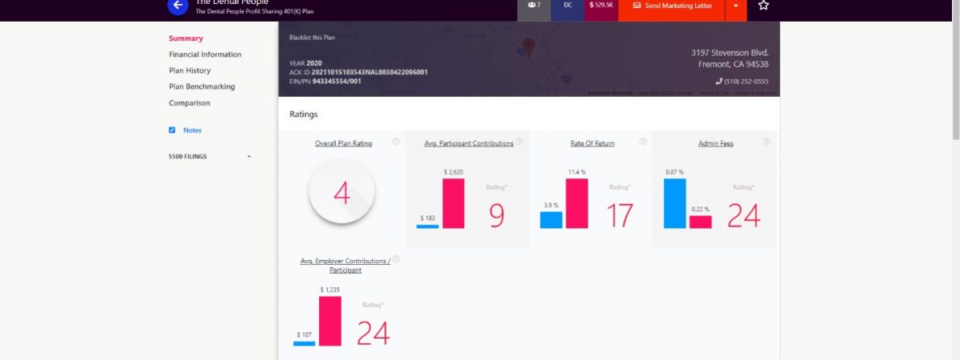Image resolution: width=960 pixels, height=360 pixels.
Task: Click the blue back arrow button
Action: click(x=178, y=6)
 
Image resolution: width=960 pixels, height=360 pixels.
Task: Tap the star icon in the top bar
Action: click(x=763, y=6)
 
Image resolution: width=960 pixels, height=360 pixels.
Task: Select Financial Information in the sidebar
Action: click(x=205, y=54)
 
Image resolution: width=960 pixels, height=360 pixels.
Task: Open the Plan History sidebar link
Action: click(x=190, y=70)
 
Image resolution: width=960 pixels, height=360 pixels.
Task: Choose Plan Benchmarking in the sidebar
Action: click(x=202, y=86)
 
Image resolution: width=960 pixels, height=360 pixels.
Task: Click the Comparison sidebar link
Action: click(x=189, y=103)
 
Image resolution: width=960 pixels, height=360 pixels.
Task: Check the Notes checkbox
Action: click(x=172, y=130)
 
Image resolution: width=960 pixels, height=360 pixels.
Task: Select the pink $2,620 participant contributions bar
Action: click(x=454, y=203)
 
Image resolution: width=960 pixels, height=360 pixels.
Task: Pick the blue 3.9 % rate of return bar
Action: click(x=551, y=219)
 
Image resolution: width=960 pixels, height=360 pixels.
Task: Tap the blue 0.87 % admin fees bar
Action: click(x=674, y=203)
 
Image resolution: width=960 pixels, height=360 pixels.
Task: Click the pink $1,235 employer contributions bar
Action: click(x=330, y=321)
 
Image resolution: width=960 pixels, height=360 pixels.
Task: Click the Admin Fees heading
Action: click(x=716, y=143)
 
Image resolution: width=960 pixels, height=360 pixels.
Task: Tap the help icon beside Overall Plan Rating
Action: click(x=395, y=142)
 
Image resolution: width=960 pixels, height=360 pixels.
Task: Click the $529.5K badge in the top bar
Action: click(x=601, y=6)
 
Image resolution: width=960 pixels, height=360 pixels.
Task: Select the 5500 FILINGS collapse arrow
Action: click(x=249, y=157)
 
